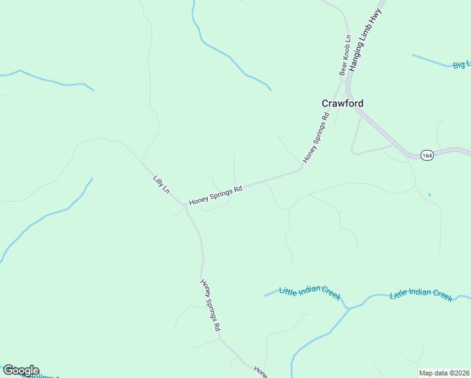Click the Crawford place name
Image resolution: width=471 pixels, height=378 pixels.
[x=342, y=103]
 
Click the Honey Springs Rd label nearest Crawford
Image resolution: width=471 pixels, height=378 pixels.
[x=317, y=137]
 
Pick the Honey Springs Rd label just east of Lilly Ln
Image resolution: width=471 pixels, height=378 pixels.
[x=216, y=195]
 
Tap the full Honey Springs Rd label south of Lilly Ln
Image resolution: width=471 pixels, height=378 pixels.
[x=210, y=306]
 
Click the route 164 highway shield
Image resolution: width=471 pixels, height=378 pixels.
[x=428, y=155]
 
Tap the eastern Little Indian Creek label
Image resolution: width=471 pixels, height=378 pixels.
[x=421, y=294]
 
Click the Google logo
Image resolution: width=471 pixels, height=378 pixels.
[x=21, y=370]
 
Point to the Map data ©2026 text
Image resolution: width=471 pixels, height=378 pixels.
[x=444, y=373]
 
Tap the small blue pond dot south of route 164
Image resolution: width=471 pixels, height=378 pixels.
[x=429, y=195]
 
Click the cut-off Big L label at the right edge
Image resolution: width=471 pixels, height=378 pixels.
[x=461, y=64]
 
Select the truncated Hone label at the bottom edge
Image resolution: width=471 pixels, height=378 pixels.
[x=261, y=372]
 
